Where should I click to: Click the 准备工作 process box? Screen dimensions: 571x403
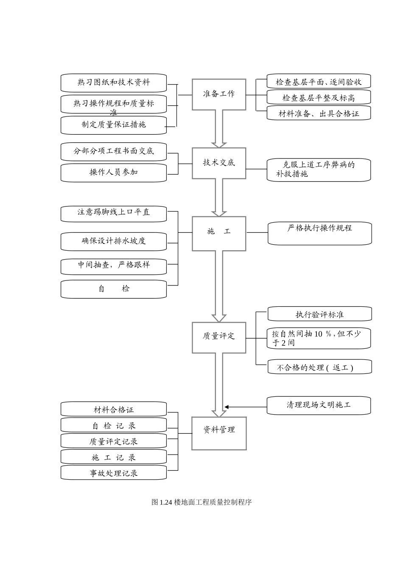point(219,94)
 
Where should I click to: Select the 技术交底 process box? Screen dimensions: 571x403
point(219,163)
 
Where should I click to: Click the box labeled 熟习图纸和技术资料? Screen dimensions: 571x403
point(114,82)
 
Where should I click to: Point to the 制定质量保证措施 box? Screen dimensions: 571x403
point(114,125)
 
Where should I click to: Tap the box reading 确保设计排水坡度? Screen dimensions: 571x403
point(114,241)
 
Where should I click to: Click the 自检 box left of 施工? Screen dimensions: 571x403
point(114,289)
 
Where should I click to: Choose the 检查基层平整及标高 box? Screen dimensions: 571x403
point(319,97)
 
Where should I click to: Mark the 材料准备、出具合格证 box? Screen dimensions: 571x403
point(319,113)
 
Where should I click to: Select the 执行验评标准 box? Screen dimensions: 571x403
point(319,314)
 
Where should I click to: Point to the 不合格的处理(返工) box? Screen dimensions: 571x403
point(319,367)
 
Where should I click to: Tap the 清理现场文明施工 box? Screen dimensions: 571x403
point(319,405)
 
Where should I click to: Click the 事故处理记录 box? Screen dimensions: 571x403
point(114,473)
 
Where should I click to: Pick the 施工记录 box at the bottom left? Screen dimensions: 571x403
point(114,457)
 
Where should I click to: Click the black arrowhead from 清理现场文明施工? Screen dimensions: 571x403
point(227,407)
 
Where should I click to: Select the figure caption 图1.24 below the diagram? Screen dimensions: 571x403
point(201,502)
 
